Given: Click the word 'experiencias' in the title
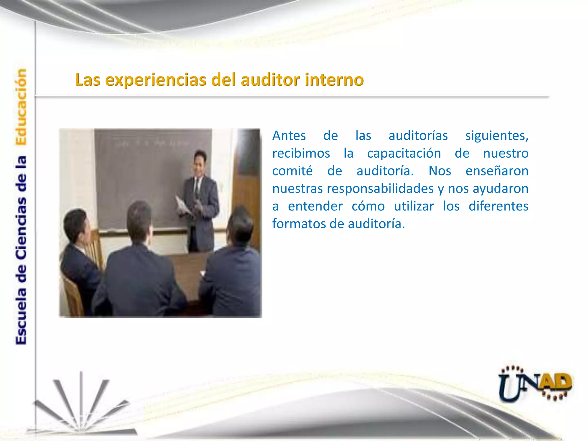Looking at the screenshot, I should point(155,80).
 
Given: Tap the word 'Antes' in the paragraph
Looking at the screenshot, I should point(289,136).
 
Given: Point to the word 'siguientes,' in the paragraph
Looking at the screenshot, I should point(497,136).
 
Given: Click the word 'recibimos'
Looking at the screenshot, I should point(301,153).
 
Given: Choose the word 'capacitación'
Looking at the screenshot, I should point(404,153).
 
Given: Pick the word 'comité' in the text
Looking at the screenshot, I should point(292,171).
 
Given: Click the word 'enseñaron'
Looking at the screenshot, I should point(497,171).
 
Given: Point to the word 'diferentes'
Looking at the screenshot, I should point(498,206).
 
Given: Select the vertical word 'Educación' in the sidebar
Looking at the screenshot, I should point(21,107).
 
